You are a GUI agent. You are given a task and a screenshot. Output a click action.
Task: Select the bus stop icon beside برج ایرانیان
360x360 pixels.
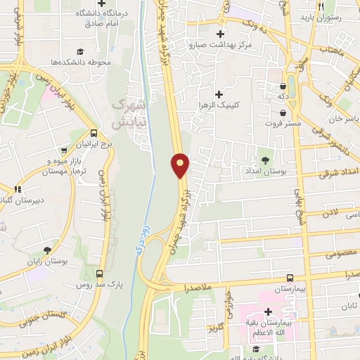(x=94, y=133)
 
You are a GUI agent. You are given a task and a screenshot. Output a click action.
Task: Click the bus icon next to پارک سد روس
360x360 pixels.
(x=99, y=274)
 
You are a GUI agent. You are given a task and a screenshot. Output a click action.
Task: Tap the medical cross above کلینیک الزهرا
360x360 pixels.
(x=219, y=94)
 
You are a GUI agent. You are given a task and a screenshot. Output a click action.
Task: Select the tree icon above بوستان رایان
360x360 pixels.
(x=48, y=250)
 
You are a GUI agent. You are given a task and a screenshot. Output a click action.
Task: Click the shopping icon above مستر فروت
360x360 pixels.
(x=282, y=112)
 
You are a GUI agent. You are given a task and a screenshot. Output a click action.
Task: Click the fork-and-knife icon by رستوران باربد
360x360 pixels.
(x=320, y=6)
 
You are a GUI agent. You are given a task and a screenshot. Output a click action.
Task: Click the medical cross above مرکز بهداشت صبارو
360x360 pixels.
(x=221, y=34)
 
